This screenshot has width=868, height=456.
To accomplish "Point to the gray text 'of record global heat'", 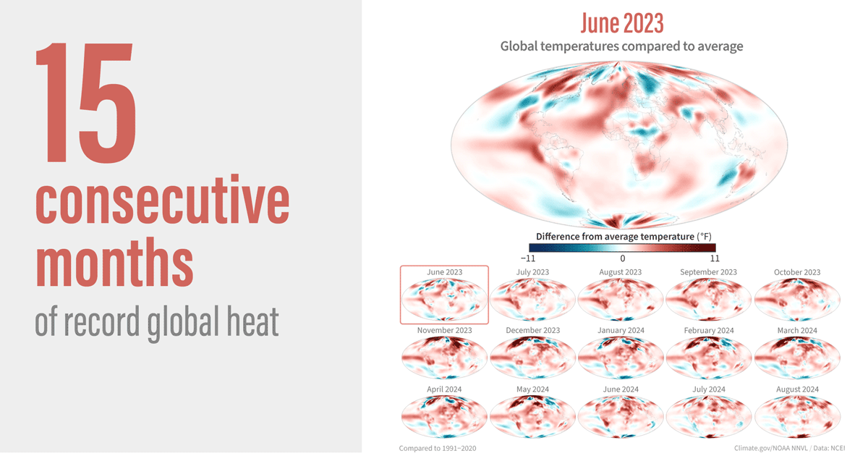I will [156, 323].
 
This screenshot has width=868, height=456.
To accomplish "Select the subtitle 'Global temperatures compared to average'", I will [621, 46].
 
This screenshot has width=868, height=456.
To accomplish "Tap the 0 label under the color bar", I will [622, 256].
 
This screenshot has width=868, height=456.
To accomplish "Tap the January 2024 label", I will [621, 330].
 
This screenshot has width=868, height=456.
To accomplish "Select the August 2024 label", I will [797, 389].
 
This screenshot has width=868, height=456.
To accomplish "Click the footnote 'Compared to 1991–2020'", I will [438, 448].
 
